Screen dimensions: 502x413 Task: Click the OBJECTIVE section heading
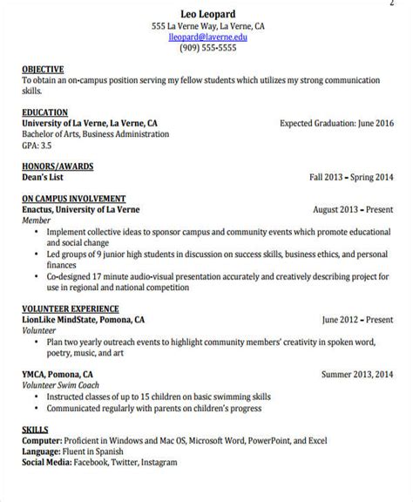click(43, 68)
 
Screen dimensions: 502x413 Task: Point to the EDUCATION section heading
click(44, 112)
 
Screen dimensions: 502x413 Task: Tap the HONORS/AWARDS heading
click(58, 166)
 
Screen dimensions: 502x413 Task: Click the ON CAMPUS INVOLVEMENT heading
click(73, 199)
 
